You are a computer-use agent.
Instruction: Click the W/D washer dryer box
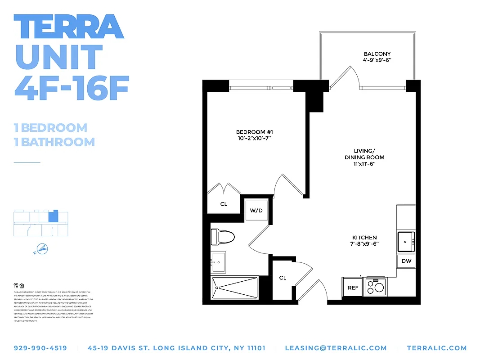click(x=256, y=210)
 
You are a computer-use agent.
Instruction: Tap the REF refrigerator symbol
click(x=353, y=288)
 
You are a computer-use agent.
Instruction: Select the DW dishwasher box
click(x=406, y=261)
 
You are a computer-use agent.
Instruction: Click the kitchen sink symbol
click(x=406, y=242)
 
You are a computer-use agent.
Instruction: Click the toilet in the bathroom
click(x=223, y=237)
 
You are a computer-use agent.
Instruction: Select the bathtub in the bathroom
click(x=234, y=288)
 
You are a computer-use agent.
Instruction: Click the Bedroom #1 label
click(x=255, y=135)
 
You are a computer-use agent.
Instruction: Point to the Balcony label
click(x=377, y=57)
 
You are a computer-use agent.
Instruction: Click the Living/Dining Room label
click(x=364, y=157)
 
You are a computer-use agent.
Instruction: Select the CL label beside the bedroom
click(x=224, y=204)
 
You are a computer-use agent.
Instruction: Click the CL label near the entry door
click(x=283, y=278)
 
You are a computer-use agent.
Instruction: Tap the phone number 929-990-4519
click(x=40, y=348)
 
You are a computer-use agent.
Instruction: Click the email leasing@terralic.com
click(x=336, y=348)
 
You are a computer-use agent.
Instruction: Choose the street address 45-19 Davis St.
click(x=177, y=348)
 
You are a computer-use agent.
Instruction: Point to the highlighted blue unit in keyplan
click(x=53, y=216)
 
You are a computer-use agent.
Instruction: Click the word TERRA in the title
click(x=68, y=27)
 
